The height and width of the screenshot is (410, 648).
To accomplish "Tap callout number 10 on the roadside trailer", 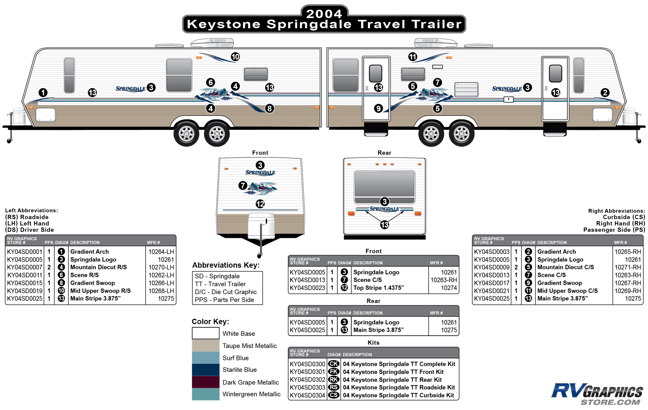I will click(235, 57).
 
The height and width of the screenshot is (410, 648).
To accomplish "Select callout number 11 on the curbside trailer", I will click(413, 57).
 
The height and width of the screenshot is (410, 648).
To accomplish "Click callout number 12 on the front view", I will click(260, 204).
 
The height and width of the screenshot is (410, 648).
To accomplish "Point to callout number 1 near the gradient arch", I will click(43, 93).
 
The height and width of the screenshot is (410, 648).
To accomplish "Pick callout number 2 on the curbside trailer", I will click(605, 93).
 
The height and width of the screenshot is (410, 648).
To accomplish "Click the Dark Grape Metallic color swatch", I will click(206, 382).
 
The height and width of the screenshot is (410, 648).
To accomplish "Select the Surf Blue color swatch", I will click(206, 358).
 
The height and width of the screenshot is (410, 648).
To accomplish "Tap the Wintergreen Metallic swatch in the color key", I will click(206, 394).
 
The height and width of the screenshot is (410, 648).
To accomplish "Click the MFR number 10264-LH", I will click(161, 252).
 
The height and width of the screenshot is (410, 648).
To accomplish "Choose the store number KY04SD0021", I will click(492, 291).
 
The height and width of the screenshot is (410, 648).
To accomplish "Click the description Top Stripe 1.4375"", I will click(379, 288).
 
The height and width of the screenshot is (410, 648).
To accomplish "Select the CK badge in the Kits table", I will click(334, 364).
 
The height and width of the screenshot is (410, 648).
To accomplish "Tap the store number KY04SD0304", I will click(307, 395).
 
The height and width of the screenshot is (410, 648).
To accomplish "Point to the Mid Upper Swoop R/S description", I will click(100, 291).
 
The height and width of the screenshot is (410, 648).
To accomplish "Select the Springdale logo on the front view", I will click(260, 172).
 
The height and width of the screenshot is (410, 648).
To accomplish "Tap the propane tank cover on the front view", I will click(261, 226).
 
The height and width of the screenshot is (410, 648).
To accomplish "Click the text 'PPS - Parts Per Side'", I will click(224, 300).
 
